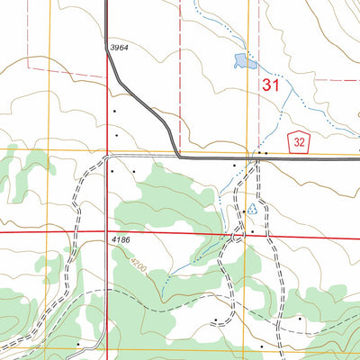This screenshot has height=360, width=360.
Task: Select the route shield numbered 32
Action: point(299,140)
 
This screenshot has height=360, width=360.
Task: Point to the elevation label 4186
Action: point(127,241)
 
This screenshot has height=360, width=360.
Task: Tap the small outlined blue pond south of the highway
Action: point(252,208)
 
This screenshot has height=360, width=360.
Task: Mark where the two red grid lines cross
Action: point(107,232)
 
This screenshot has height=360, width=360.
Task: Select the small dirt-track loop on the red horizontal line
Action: point(238,235)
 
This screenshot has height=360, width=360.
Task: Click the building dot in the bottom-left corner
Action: point(78,343)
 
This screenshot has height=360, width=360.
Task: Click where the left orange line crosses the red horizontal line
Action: point(49,231)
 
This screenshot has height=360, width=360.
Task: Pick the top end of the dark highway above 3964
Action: point(107,3)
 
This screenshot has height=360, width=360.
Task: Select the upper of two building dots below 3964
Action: point(114,112)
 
